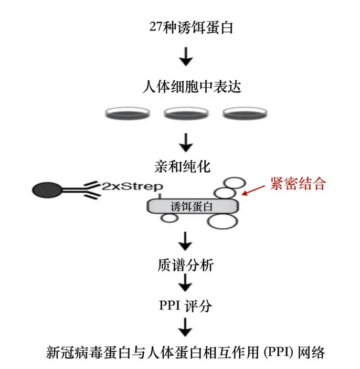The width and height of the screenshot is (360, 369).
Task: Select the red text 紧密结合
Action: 299,184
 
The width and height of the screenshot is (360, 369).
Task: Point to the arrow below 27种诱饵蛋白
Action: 185,56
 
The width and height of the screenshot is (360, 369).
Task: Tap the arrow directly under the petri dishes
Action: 185,140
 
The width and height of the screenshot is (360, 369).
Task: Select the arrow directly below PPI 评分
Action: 185,328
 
